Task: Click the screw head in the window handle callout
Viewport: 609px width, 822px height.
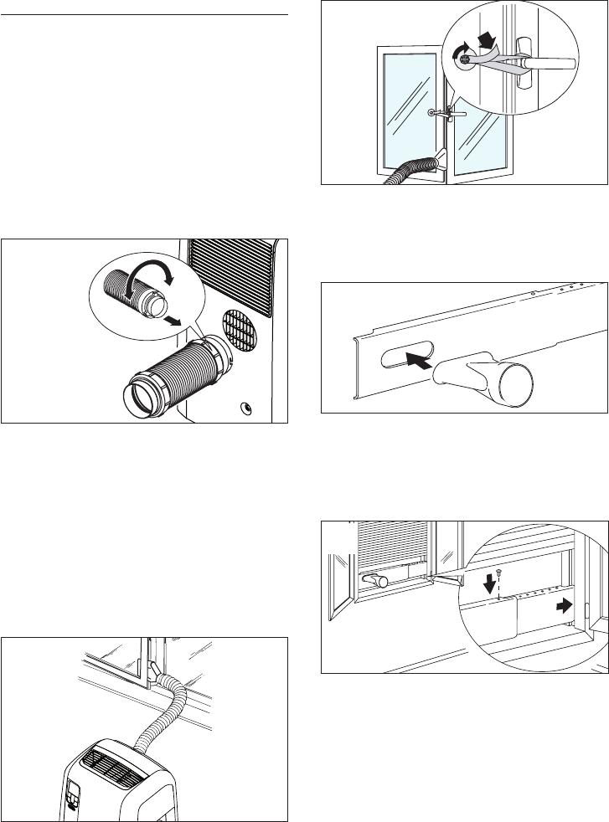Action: point(460,55)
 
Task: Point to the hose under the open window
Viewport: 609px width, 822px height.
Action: point(415,172)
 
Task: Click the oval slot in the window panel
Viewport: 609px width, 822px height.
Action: point(407,358)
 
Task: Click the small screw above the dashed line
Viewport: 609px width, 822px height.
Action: point(499,573)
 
